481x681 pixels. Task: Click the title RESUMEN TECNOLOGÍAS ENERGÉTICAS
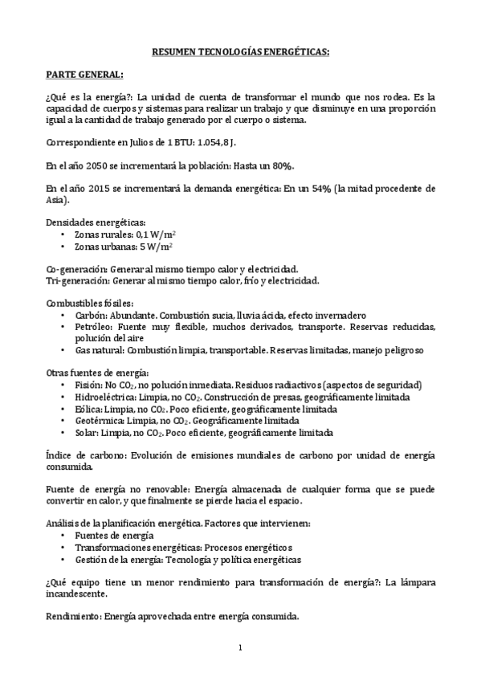click(240, 51)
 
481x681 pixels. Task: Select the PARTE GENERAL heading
click(84, 75)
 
